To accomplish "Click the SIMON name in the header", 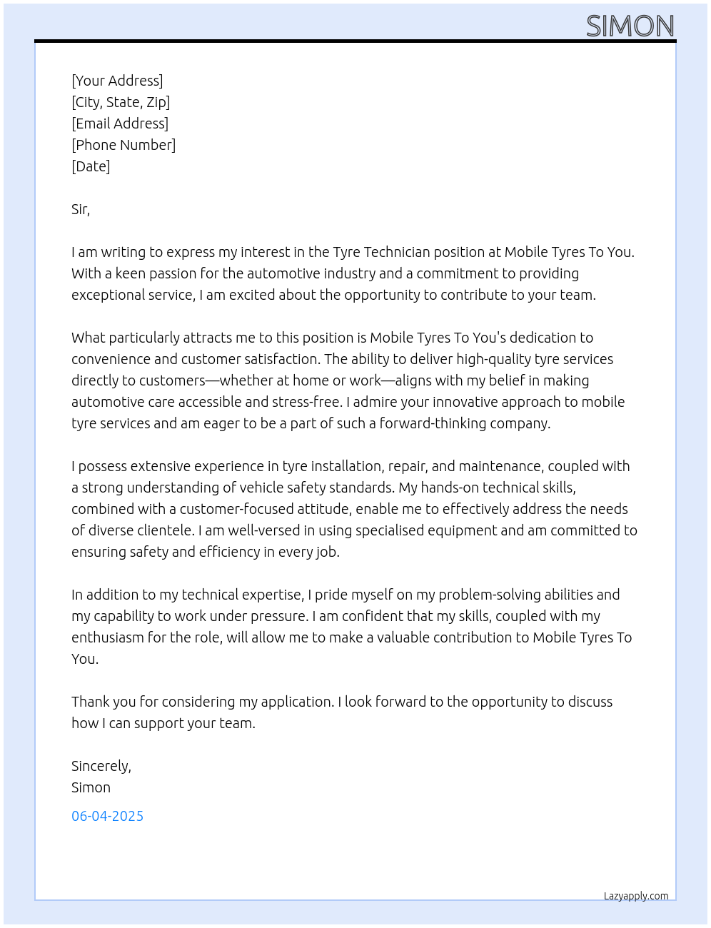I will coord(630,26).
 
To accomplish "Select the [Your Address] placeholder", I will coord(117,81).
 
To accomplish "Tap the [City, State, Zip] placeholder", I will coord(121,102).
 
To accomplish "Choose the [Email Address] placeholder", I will coord(120,123).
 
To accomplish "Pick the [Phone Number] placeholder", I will coord(123,145).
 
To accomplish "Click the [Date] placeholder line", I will coord(91,166).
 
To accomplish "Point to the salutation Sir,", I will coord(81,209).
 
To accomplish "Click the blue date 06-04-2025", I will coord(107,816).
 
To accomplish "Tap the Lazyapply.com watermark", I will coord(636,896).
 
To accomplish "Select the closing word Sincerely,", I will coord(101,766).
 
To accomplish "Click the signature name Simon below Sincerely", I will coord(91,787).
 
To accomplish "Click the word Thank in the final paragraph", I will coord(91,702).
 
